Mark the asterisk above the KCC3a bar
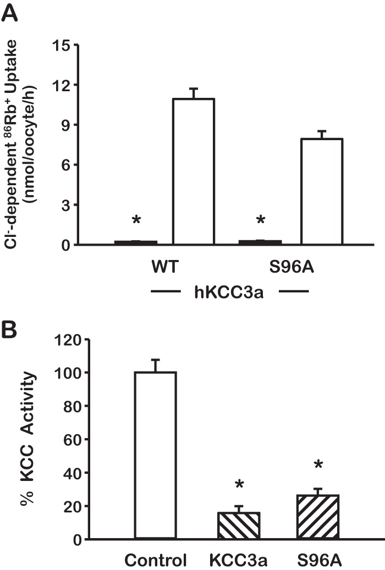coord(239,485)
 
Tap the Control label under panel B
coord(156,561)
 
